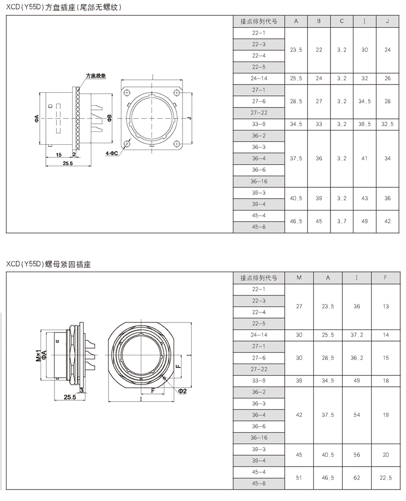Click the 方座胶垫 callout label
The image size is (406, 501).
point(95,76)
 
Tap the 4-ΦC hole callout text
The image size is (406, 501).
point(112,153)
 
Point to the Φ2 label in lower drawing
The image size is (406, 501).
point(182,391)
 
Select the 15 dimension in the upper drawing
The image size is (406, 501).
point(59,155)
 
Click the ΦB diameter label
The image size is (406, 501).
point(109,117)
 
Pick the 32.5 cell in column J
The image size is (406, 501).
point(387,124)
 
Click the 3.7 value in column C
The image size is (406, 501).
point(342,222)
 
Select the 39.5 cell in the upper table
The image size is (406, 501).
point(364,124)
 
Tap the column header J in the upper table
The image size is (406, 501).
point(387,21)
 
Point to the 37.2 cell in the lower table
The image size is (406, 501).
point(357,335)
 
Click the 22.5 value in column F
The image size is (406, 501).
point(385,477)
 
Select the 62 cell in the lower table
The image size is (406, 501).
point(357,477)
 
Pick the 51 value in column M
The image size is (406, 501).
point(299,477)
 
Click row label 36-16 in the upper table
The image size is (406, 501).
point(259,181)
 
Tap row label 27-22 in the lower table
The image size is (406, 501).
point(259,369)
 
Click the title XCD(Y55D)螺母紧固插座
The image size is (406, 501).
point(48,264)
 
